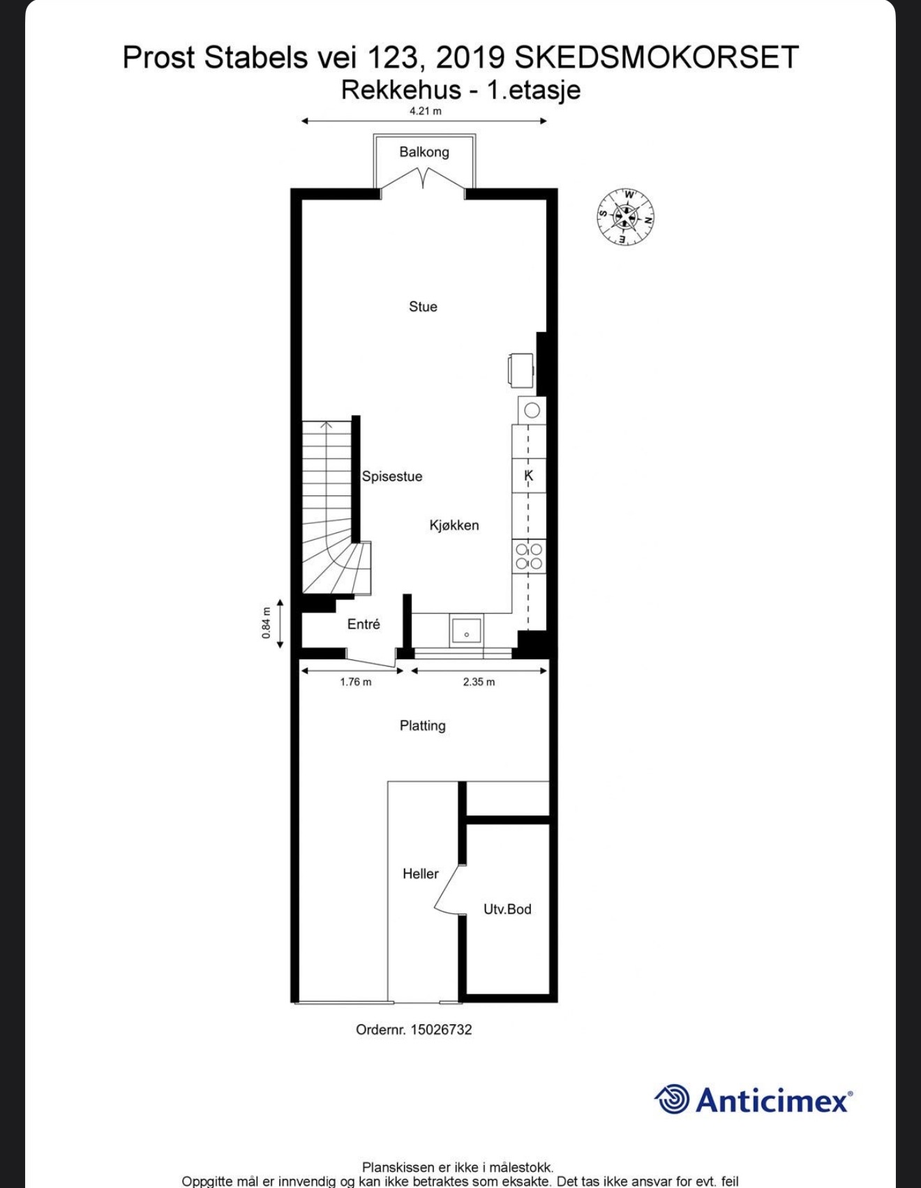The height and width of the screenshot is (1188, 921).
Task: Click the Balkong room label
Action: click(424, 152)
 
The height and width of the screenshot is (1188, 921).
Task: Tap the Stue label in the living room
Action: click(423, 306)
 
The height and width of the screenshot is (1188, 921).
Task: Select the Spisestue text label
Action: click(392, 476)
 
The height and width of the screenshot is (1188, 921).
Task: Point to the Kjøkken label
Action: click(454, 525)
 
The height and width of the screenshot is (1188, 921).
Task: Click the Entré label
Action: click(364, 624)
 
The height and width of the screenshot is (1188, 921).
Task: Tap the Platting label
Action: click(423, 726)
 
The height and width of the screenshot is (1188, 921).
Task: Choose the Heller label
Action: click(421, 873)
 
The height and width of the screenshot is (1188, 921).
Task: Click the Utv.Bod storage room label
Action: click(507, 909)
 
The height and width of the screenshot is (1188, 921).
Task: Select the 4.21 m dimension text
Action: click(426, 111)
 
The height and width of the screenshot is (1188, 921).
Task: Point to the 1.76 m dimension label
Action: click(356, 682)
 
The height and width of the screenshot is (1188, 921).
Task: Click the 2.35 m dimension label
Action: click(479, 682)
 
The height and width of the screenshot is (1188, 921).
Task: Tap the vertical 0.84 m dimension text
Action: click(266, 623)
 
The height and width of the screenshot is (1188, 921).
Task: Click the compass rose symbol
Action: click(626, 217)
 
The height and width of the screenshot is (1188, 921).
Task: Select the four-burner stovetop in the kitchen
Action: click(529, 557)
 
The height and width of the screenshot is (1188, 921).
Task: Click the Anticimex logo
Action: click(754, 1100)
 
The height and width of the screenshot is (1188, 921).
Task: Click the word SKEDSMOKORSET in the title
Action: click(657, 57)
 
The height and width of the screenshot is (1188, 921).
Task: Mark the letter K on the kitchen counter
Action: click(529, 476)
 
